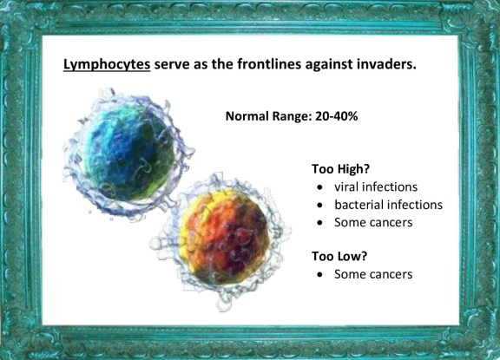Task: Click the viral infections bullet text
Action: coord(376,187)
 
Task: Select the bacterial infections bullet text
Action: coord(388,205)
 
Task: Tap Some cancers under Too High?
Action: coord(373,222)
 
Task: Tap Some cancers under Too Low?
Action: coord(373,274)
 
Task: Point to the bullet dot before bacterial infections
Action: coord(320,206)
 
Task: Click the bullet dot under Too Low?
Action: coord(320,275)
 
